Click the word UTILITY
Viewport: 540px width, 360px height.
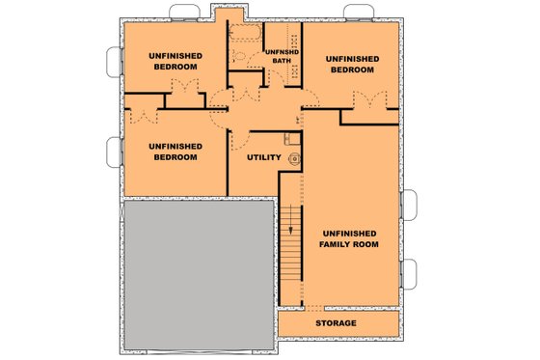pyautogui.click(x=263, y=157)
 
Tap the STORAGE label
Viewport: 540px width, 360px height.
pyautogui.click(x=336, y=322)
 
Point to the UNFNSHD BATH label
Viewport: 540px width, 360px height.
pyautogui.click(x=281, y=56)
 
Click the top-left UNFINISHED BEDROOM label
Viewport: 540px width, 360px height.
pyautogui.click(x=174, y=62)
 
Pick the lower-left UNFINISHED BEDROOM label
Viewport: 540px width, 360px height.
pyautogui.click(x=174, y=152)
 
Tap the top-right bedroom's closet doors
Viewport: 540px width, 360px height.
pyautogui.click(x=367, y=100)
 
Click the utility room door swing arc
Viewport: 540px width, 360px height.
pyautogui.click(x=240, y=140)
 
